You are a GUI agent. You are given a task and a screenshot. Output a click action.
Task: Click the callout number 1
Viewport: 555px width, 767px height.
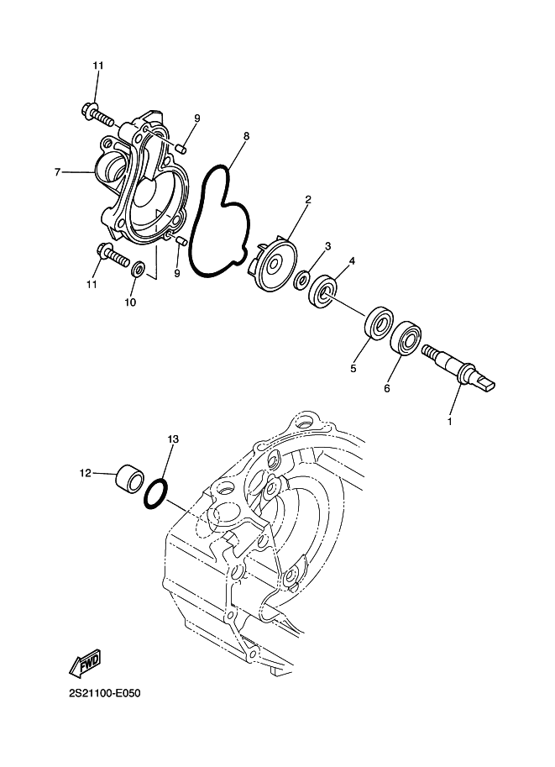coord(450,421)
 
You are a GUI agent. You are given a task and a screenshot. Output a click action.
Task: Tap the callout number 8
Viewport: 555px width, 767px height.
coord(246,136)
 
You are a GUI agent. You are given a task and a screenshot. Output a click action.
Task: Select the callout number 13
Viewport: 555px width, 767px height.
coord(173,439)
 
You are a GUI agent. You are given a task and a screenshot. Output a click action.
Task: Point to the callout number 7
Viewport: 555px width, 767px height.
coord(57,172)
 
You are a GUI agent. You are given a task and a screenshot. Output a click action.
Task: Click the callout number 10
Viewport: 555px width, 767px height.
coord(130,302)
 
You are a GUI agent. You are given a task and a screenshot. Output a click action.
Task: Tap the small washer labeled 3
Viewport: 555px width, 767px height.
coord(301,279)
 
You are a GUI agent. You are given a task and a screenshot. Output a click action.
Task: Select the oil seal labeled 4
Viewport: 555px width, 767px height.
coord(322,292)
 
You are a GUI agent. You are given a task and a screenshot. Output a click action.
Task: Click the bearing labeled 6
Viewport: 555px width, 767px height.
coord(406,337)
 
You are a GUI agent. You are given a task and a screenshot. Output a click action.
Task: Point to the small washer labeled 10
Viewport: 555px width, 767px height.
coord(139,269)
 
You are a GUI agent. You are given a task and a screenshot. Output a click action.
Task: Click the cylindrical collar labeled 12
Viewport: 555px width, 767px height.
coord(129,478)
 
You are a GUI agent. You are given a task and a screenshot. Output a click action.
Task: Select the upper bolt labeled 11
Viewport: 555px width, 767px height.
coord(97,113)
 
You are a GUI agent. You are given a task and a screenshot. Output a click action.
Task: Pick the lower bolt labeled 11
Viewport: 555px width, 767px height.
coord(113,254)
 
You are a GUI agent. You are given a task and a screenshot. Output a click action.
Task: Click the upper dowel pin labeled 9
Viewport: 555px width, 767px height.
coord(180,146)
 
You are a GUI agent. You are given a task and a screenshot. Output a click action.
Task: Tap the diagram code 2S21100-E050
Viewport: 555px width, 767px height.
coord(105,693)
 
